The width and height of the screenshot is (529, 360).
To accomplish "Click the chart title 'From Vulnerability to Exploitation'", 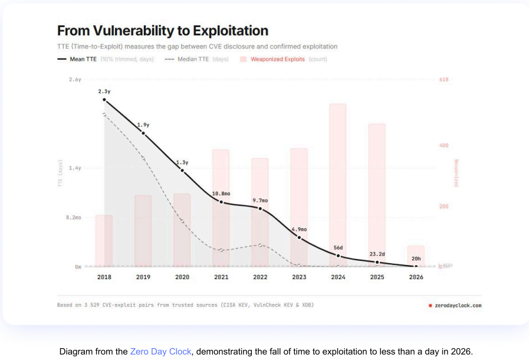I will (162, 31).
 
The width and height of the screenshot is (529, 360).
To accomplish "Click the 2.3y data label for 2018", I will (104, 91).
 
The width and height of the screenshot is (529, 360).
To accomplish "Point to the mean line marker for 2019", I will (143, 133).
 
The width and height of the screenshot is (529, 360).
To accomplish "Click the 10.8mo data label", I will (221, 194).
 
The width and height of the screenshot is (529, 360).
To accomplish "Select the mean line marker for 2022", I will (260, 208).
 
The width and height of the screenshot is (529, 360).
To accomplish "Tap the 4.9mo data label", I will (299, 229).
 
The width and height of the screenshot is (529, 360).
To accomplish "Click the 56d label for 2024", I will (338, 247).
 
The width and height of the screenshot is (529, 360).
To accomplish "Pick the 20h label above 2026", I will (416, 258).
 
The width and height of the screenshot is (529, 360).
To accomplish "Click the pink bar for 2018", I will (104, 240).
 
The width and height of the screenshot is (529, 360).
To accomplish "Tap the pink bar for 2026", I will (416, 256).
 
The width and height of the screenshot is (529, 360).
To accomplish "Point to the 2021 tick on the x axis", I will (221, 276).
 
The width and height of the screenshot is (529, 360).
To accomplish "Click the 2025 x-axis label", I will (377, 276).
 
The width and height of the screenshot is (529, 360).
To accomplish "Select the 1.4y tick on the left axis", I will (74, 168).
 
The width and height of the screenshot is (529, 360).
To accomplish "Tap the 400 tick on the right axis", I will (444, 145).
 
